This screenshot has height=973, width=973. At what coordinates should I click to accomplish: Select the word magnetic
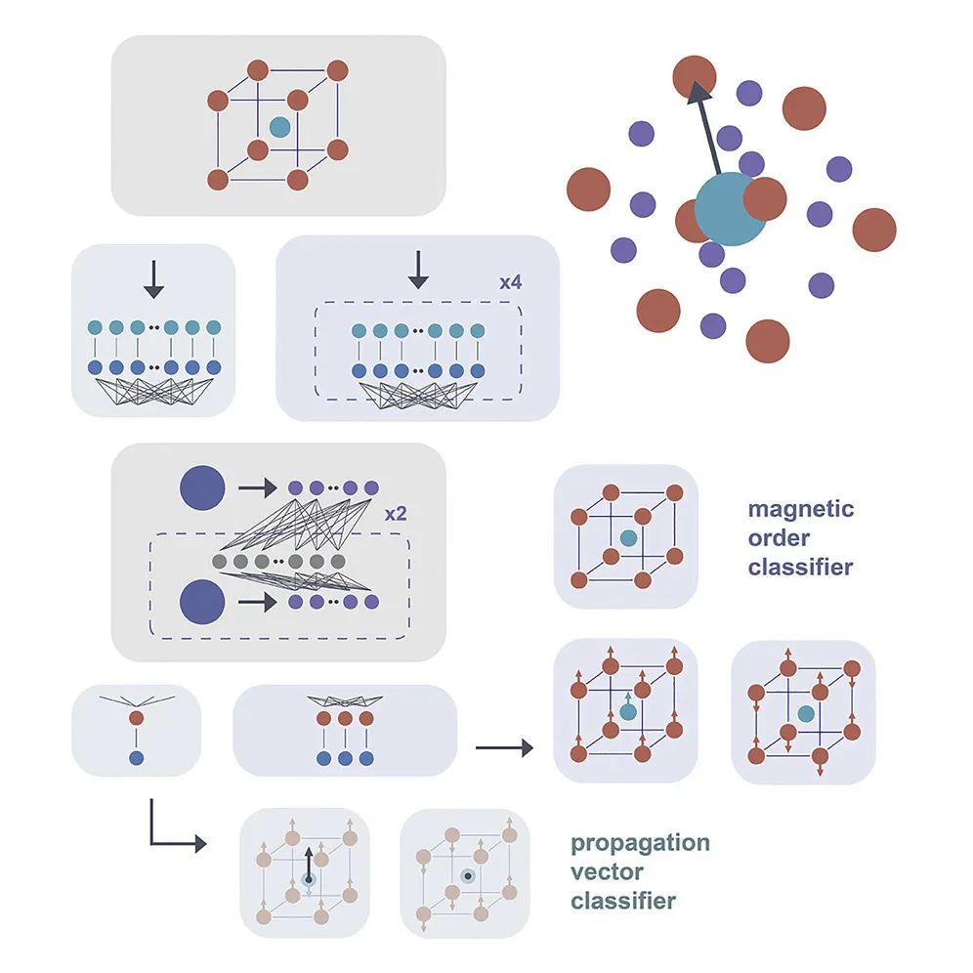pos(800,509)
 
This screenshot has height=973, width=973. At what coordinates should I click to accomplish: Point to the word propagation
pos(640,843)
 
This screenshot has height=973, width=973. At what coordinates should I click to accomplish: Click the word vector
pos(606,871)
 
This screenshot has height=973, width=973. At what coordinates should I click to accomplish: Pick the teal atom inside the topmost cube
pos(279,127)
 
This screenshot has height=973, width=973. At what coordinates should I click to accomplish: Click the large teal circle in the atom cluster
pos(731,210)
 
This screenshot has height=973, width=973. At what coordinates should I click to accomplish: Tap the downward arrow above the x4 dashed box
pos(418,269)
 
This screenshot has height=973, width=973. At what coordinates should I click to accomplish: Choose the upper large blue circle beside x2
pos(203,486)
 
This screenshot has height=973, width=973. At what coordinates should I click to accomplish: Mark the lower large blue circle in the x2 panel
pos(203,602)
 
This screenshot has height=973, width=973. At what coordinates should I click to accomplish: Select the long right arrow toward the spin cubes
pos(504,748)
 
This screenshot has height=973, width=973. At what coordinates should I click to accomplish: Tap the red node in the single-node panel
pos(137,718)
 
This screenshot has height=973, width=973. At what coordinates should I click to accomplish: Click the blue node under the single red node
pos(137,757)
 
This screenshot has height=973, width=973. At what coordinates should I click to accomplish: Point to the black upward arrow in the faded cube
pos(308,866)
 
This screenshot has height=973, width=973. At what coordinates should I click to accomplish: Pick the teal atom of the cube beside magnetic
pos(628,538)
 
